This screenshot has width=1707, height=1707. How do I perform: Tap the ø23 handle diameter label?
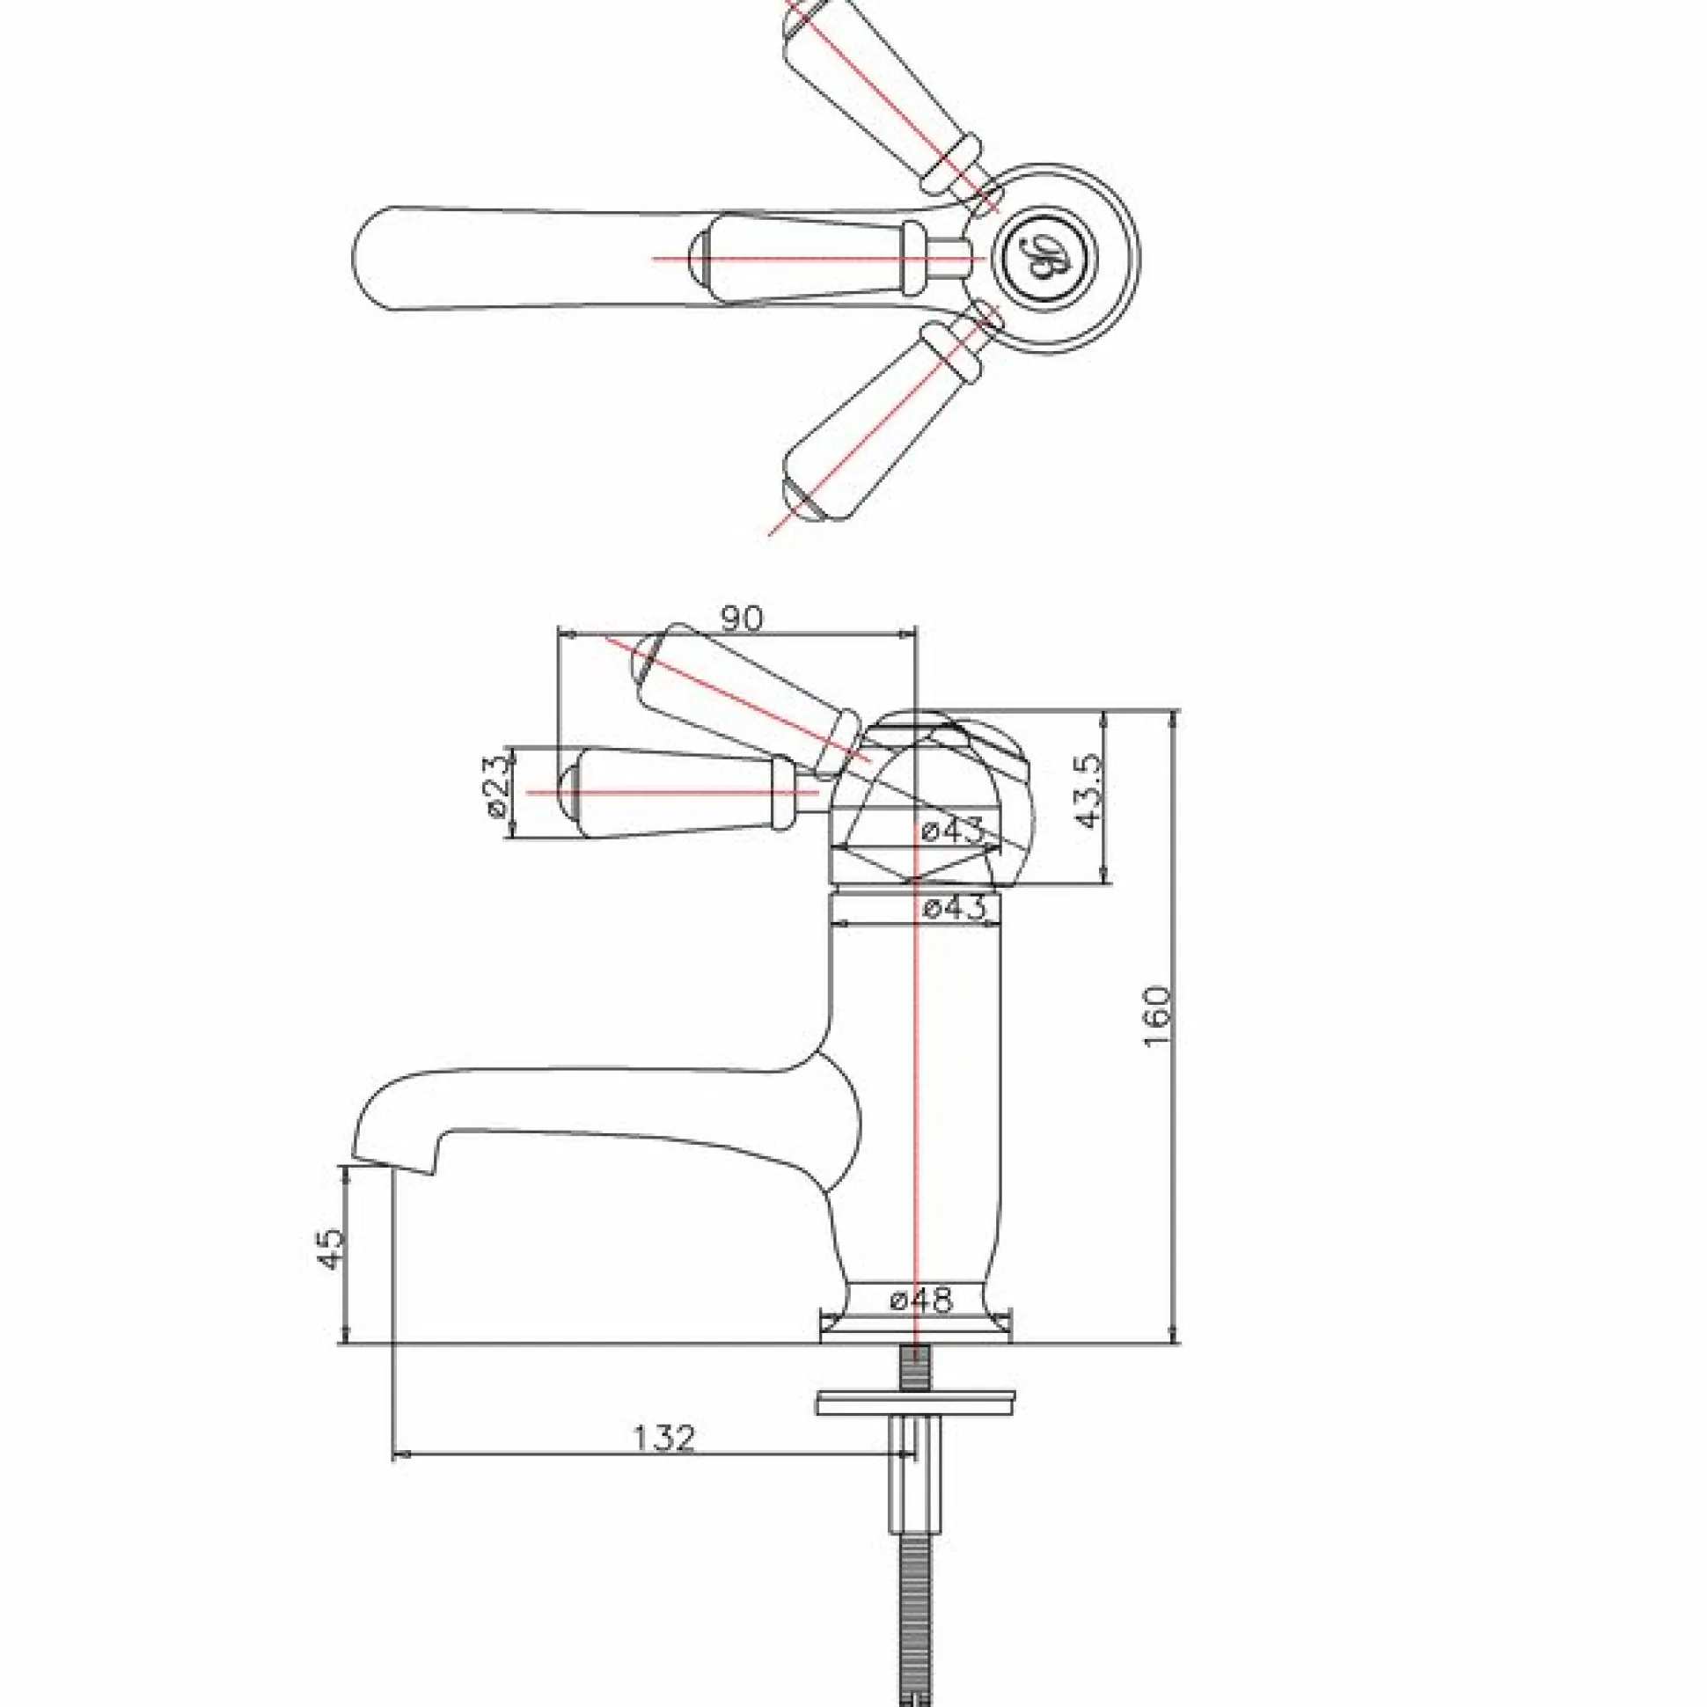tap(496, 783)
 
